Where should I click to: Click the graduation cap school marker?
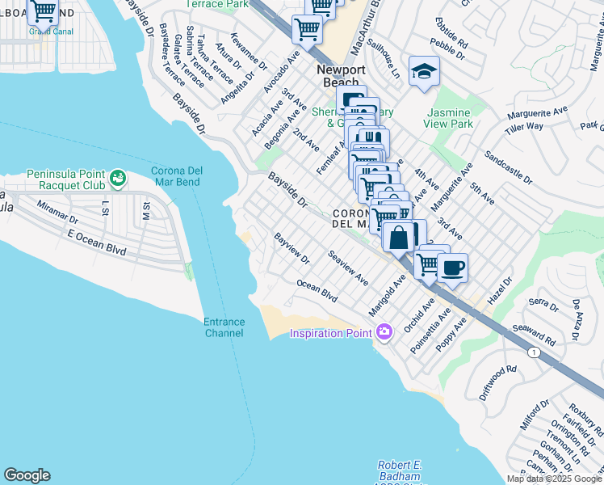pyautogui.click(x=424, y=72)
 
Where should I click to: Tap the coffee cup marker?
pyautogui.click(x=452, y=268)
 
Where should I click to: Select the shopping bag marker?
pyautogui.click(x=398, y=238)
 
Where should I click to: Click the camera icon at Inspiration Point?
pyautogui.click(x=384, y=332)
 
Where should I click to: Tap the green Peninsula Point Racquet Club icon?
pyautogui.click(x=119, y=176)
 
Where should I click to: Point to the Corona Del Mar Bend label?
pyautogui.click(x=182, y=177)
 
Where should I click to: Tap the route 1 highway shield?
pyautogui.click(x=534, y=352)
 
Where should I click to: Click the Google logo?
pyautogui.click(x=27, y=475)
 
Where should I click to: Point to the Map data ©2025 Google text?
pyautogui.click(x=555, y=479)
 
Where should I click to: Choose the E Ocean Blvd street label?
pyautogui.click(x=94, y=241)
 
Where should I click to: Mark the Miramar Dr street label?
pyautogui.click(x=57, y=213)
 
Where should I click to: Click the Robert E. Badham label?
pyautogui.click(x=399, y=466)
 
